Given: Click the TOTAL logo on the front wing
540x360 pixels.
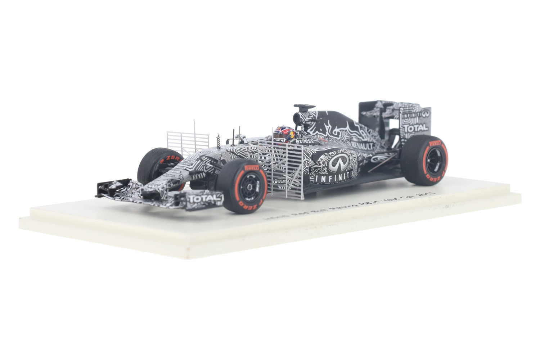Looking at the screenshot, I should (204, 198).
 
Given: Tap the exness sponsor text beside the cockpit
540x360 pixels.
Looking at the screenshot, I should (304, 141).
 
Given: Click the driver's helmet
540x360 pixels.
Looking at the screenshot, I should (284, 134).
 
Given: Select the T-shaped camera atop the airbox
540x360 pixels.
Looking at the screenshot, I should (304, 107).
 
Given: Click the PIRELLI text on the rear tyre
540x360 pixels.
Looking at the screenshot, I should (435, 143).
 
